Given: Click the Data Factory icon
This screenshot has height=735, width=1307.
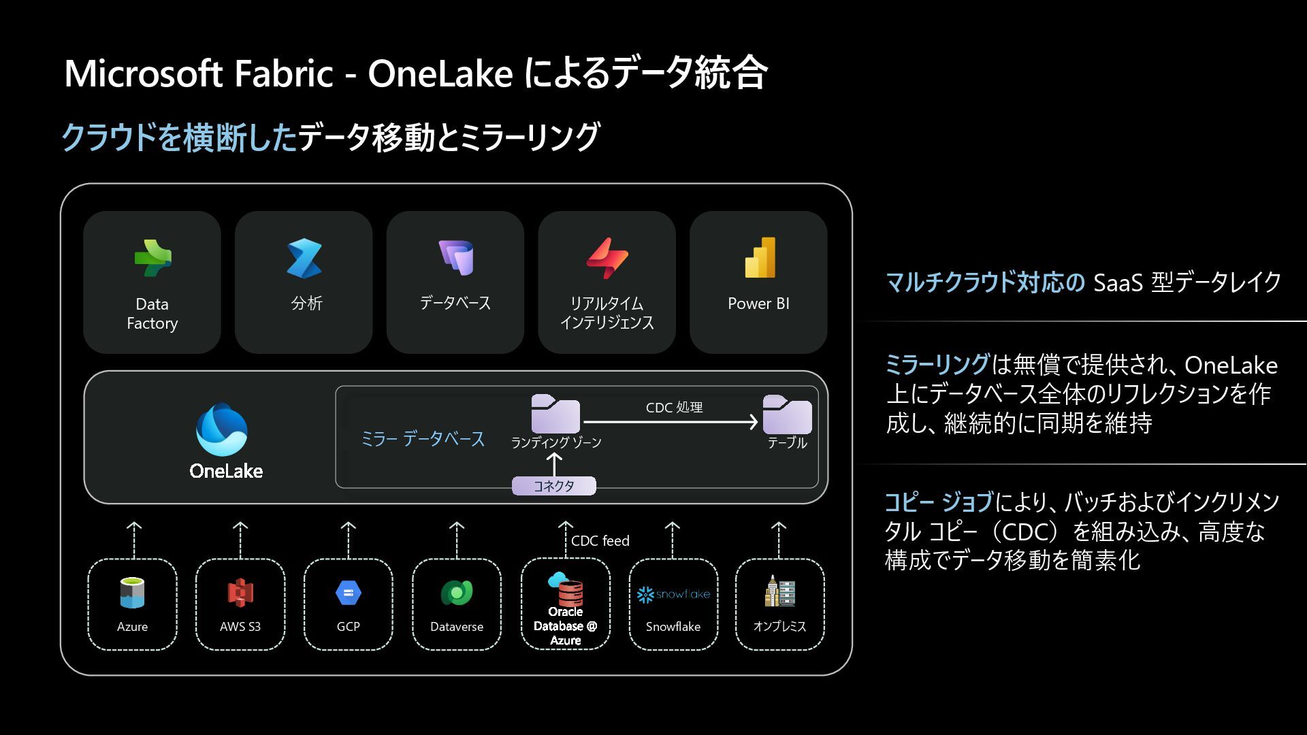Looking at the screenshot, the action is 152,258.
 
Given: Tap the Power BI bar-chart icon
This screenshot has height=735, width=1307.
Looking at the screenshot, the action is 760,257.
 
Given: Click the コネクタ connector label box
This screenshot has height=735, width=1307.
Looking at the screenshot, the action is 553,486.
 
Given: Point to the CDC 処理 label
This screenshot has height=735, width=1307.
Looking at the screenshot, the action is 674,408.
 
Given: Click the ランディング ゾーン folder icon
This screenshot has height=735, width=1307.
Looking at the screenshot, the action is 555,413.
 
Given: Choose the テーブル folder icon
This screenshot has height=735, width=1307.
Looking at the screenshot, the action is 787,414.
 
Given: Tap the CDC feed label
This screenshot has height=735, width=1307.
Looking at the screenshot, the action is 600,541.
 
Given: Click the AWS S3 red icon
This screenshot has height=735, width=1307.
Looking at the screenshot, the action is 240,593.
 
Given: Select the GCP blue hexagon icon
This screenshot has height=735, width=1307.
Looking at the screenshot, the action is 349,593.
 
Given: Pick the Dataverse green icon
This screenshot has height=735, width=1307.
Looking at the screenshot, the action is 457,593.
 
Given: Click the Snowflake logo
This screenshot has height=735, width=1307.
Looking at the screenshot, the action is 673,594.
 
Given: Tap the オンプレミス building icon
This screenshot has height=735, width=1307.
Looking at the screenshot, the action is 779,591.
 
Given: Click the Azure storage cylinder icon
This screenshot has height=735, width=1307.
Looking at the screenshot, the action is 132,593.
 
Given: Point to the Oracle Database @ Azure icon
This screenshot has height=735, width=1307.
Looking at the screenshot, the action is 565,589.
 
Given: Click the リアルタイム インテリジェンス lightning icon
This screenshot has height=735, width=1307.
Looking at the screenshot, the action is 607,258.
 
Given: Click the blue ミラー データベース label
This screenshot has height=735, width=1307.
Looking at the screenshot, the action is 423,439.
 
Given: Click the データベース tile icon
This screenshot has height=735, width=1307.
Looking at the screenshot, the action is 455,257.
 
